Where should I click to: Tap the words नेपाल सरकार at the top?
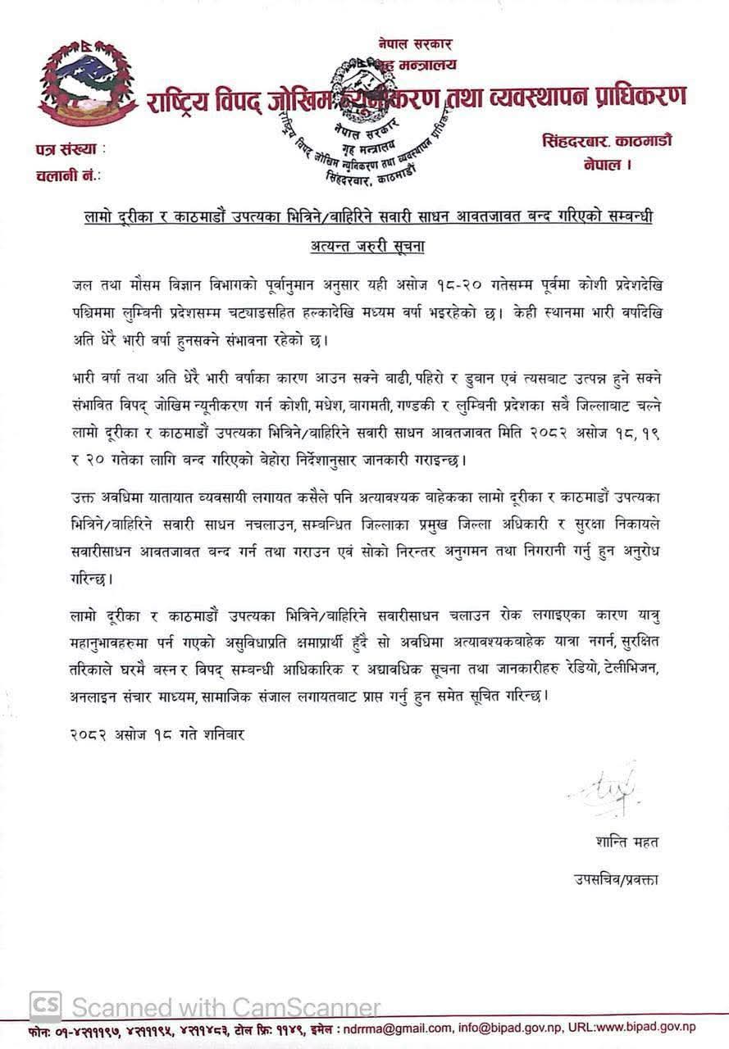pyautogui.click(x=415, y=44)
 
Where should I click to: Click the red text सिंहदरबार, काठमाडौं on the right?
pyautogui.click(x=607, y=140)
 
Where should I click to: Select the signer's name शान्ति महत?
pyautogui.click(x=627, y=842)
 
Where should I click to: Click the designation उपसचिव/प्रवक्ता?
pyautogui.click(x=616, y=879)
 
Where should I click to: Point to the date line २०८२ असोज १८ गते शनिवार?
pyautogui.click(x=157, y=734)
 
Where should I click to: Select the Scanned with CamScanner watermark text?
pyautogui.click(x=226, y=1006)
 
